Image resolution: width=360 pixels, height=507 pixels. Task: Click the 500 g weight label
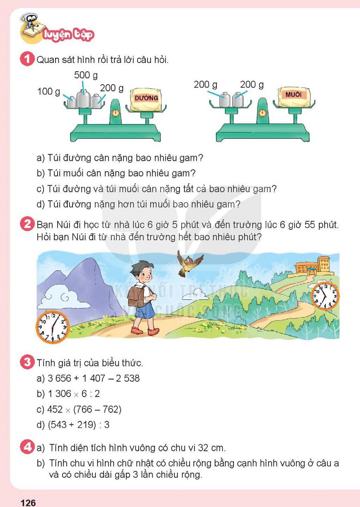coord(86,75)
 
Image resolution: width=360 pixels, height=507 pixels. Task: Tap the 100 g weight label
coord(49,92)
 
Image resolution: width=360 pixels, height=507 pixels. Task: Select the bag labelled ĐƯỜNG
coord(146,99)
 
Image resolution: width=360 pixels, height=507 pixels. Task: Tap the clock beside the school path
coord(325,296)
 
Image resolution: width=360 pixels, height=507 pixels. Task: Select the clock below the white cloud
coord(52,327)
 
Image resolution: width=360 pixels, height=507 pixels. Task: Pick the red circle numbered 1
coord(27,59)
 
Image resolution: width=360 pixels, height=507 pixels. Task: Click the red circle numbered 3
coord(27,362)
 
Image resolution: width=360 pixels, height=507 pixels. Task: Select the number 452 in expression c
coord(55,409)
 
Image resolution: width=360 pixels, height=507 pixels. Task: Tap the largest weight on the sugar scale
coord(83,98)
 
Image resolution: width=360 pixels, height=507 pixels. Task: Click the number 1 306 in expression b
coord(60,394)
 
